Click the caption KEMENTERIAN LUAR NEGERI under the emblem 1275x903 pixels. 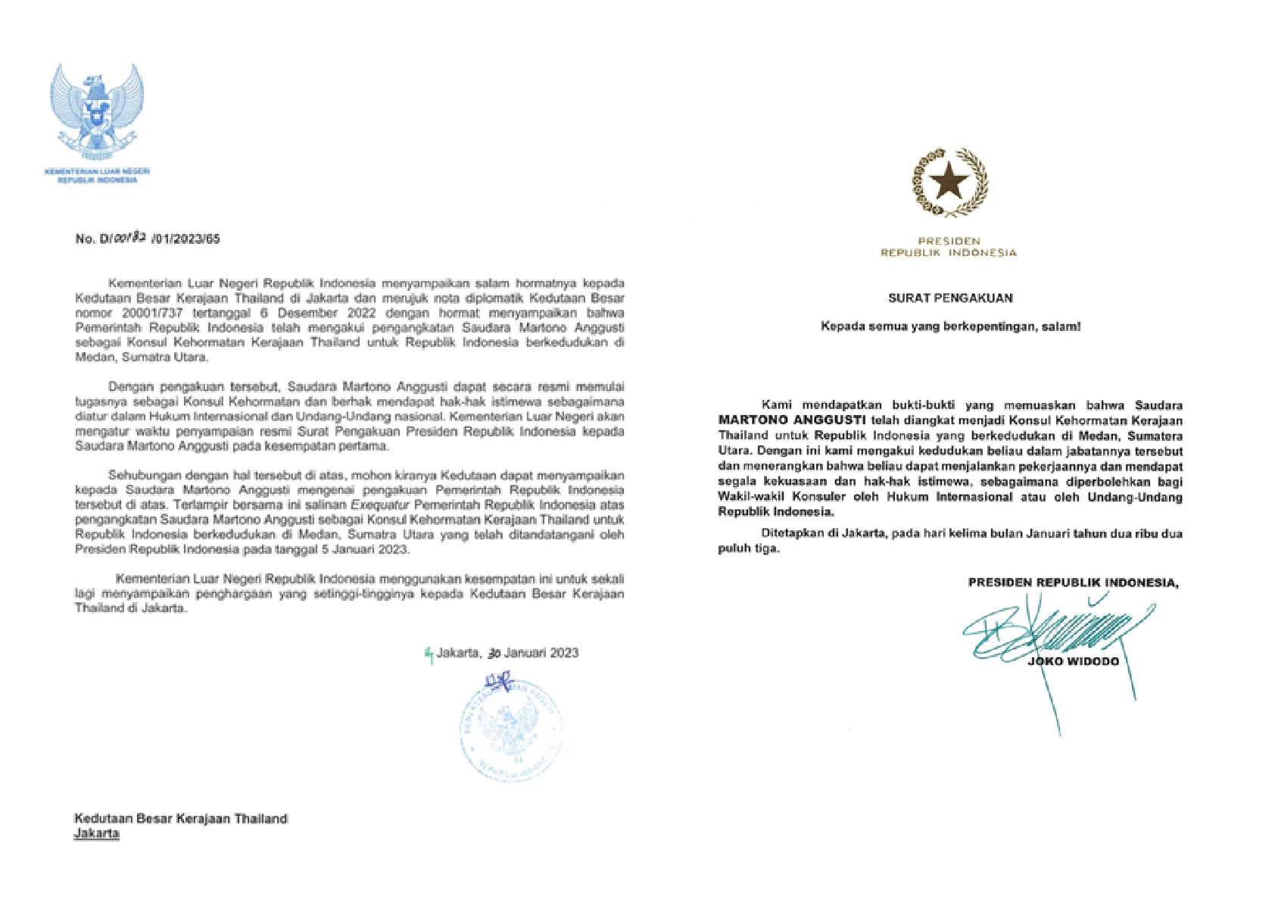(x=98, y=172)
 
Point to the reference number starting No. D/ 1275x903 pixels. (x=148, y=239)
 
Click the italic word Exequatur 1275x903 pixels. (x=377, y=505)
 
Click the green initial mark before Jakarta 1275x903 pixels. (x=429, y=653)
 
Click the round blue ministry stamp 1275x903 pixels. (x=510, y=729)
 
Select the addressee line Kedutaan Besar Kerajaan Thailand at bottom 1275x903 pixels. (x=181, y=818)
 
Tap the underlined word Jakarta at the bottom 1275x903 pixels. (x=96, y=833)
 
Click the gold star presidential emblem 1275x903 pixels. (x=949, y=182)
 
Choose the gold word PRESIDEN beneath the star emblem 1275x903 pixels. (x=949, y=241)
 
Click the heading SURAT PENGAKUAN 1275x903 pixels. (x=950, y=298)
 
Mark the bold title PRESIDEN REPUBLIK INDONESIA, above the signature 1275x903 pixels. (x=1073, y=583)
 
